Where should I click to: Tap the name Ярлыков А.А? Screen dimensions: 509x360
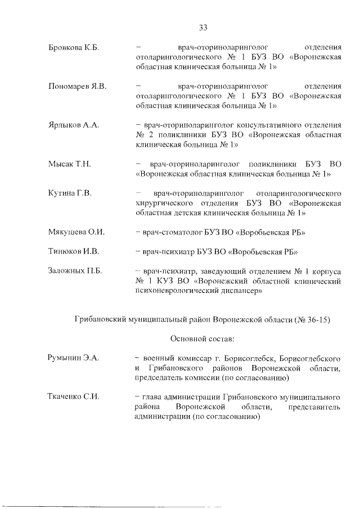(74, 125)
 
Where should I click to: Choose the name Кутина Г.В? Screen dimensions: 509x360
(70, 193)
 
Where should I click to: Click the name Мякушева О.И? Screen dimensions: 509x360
(76, 232)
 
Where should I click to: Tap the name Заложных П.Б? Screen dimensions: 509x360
(75, 271)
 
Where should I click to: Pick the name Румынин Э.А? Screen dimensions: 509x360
(73, 358)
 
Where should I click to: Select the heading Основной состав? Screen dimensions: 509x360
(202, 339)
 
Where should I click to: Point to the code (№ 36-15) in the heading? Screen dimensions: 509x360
(312, 319)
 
